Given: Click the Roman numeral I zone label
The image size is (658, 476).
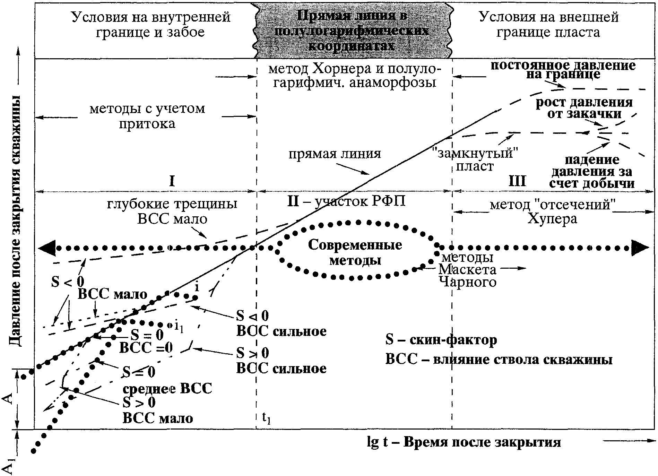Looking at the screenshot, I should coord(172,181).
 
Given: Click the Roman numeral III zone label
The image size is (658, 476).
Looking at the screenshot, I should coord(517,181).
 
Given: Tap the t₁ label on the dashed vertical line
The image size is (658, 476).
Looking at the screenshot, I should coord(266,418).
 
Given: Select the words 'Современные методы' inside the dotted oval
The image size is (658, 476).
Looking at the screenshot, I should coord(355,252).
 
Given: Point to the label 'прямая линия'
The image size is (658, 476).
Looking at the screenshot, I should coord(335,154).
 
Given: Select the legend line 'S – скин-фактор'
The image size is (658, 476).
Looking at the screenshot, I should coord(441,340).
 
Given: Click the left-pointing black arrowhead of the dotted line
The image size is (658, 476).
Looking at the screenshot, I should coord(46,248).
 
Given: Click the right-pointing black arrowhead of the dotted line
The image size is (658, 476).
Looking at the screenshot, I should coord(641,248).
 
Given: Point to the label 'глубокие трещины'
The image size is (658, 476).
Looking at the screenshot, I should coord(172,204).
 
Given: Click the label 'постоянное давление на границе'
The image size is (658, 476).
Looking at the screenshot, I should coord(563,70).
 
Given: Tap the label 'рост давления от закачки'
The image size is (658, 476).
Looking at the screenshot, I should coord(584,108).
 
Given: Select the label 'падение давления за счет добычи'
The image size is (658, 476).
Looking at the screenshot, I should coord(592,171).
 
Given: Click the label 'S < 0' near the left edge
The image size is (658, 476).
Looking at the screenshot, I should coord(68,282).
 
